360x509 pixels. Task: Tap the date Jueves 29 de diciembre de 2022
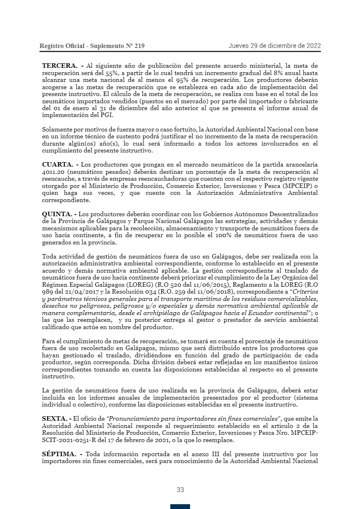coord(274,46)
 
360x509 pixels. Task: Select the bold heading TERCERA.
coord(60,65)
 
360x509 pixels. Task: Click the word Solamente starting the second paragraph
coord(56,129)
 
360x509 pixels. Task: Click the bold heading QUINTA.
coord(58,214)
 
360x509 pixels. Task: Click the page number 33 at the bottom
coord(180,490)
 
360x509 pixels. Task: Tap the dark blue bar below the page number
coord(180,506)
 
